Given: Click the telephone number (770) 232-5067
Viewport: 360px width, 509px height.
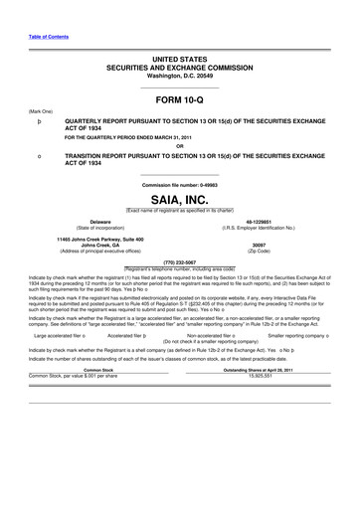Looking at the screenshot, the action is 179,263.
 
